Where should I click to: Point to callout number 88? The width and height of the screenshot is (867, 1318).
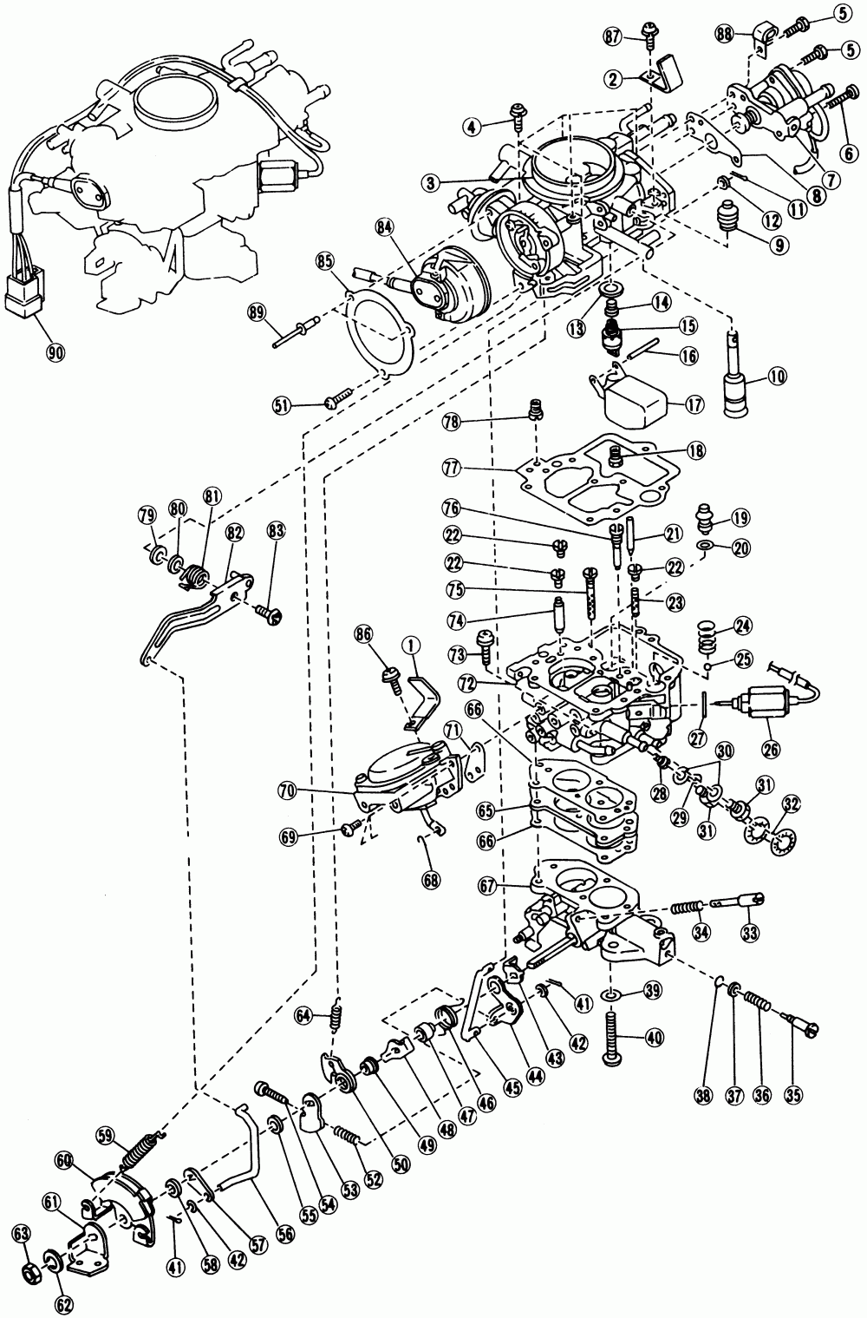[726, 34]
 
